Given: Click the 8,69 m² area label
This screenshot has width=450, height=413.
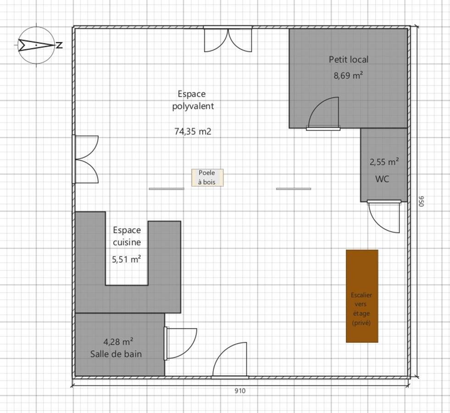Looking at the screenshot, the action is coord(348,76).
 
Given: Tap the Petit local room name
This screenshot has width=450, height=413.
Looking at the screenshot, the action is coord(349,59).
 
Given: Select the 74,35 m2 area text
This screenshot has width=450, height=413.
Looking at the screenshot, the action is coord(193,131).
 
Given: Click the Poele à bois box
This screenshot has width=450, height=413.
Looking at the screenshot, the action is coord(207,178).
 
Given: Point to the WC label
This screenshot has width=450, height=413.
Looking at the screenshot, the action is coord(382,179).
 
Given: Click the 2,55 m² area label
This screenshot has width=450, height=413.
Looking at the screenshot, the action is coord(384,162).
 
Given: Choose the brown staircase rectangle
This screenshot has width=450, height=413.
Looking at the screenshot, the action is coord(362,296).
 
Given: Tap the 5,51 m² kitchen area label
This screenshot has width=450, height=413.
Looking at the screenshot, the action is coord(126,259).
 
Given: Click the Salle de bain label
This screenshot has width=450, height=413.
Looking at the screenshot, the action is coord(116,354).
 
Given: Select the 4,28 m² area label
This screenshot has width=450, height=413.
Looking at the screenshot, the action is coord(118,342).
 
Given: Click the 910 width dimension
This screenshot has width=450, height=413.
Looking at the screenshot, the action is coord(240,391).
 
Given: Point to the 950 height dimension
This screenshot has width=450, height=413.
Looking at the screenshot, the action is coord(421,201).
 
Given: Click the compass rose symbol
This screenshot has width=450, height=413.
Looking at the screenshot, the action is coord(36,45).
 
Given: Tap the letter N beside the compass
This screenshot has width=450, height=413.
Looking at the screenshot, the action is coord(59,45).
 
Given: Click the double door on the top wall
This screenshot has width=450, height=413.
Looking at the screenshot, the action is coord(228,39).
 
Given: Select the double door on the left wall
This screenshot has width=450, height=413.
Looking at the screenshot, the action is coord(85,159).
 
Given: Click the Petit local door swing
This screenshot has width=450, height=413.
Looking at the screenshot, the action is coord(323,114).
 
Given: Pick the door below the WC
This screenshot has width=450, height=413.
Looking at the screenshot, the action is coord(384,217).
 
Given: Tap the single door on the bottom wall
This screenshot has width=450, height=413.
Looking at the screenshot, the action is coord(230,360).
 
